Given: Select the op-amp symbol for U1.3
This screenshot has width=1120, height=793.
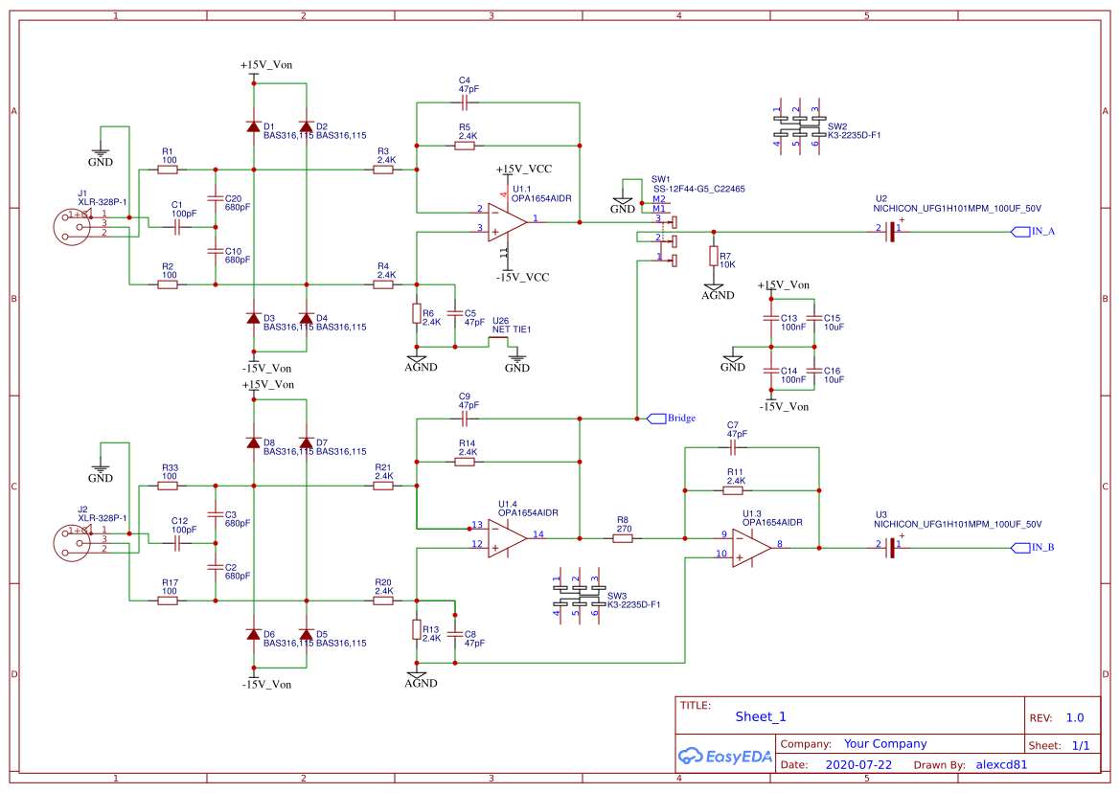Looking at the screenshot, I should [x=751, y=547].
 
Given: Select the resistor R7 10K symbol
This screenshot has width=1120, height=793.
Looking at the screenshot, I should [x=713, y=257].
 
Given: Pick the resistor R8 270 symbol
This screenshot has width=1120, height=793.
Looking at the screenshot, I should [x=622, y=538].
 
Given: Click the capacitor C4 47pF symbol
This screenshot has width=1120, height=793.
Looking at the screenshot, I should [x=467, y=100].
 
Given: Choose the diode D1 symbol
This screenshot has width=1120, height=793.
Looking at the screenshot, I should [x=254, y=126].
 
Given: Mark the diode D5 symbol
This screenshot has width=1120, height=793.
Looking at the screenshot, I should [x=307, y=634].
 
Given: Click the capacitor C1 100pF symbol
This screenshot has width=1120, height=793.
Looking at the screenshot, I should [x=177, y=228].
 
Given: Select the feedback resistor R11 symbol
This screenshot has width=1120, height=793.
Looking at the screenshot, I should [x=733, y=490].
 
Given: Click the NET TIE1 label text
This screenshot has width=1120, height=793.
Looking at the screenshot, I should [x=511, y=329].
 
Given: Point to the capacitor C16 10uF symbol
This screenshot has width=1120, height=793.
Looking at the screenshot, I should [x=814, y=370].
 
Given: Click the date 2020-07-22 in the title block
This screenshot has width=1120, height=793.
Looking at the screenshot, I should [x=857, y=765].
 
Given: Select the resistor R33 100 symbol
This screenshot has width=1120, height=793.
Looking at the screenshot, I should [x=170, y=486].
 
